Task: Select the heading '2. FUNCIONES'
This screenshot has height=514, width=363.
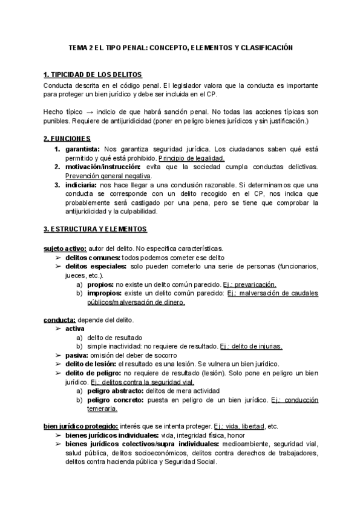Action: (67, 139)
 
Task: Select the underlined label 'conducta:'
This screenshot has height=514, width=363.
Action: (59, 319)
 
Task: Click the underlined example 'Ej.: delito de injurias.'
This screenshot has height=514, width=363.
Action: (251, 346)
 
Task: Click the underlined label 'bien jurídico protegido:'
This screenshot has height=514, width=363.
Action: (80, 426)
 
